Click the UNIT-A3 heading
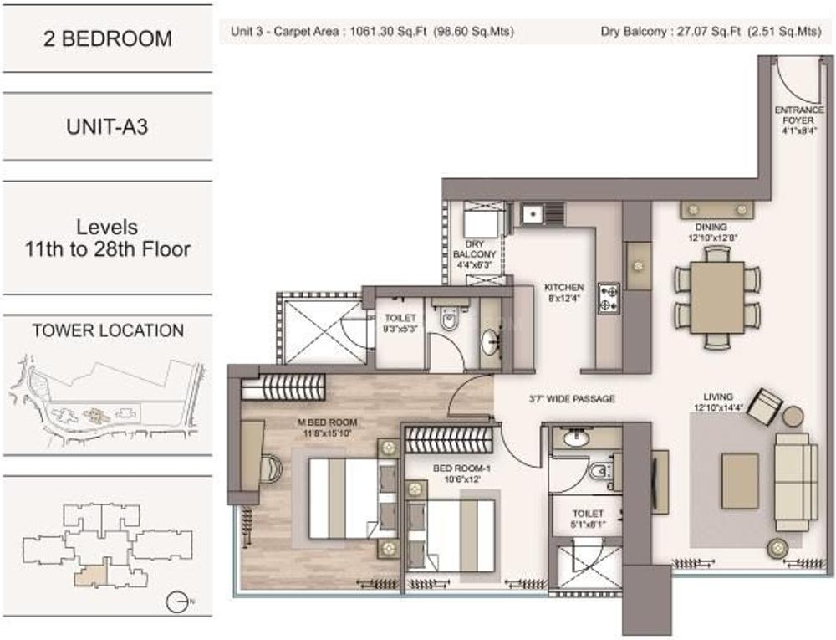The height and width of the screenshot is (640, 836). click(x=107, y=128)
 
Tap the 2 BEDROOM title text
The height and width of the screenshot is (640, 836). click(x=107, y=38)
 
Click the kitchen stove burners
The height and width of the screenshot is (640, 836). click(x=609, y=298)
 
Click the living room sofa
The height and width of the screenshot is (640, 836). click(x=795, y=480)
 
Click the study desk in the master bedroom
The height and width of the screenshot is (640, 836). click(x=252, y=453)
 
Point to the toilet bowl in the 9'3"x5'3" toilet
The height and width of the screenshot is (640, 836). click(x=448, y=320)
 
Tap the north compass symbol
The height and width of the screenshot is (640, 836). click(x=176, y=602)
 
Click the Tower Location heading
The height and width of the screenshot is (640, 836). click(x=108, y=330)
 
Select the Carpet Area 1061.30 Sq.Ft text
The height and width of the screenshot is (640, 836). click(x=371, y=33)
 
